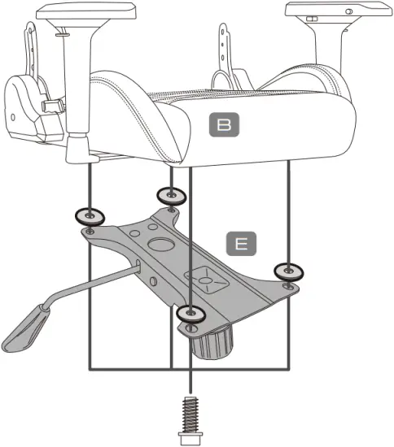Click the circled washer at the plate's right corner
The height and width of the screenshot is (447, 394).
click(x=288, y=271)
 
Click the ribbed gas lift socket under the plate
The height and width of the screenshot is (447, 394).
click(x=213, y=344)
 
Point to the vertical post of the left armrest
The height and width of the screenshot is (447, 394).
click(x=80, y=81)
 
